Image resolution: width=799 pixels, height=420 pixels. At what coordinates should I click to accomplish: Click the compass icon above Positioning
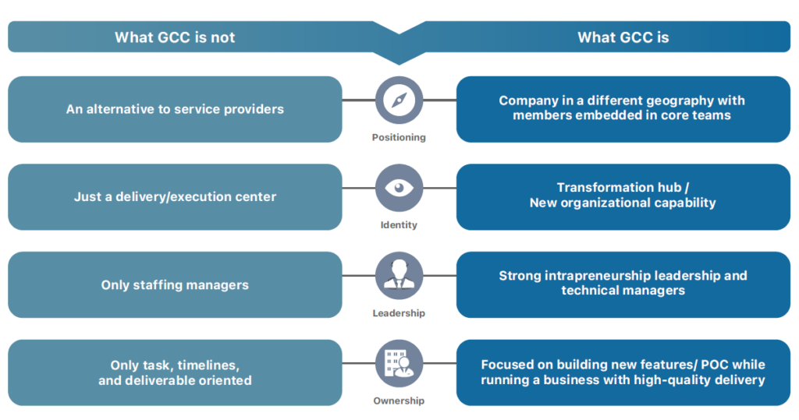[x=399, y=101]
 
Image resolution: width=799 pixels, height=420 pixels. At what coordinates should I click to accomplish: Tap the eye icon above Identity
[x=399, y=189]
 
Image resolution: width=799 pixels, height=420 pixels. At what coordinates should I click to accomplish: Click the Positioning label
[x=399, y=137]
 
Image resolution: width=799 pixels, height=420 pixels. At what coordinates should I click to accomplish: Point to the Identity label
[x=399, y=225]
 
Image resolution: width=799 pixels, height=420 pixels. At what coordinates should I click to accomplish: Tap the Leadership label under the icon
[x=399, y=313]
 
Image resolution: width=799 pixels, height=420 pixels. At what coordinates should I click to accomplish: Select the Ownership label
[x=399, y=401]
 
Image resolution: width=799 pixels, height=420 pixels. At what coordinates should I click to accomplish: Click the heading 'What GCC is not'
[x=175, y=37]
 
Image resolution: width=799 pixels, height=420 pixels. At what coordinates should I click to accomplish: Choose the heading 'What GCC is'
[x=623, y=37]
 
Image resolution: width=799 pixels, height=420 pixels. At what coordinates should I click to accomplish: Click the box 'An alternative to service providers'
[x=175, y=109]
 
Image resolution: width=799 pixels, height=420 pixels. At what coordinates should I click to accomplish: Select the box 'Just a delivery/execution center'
[x=175, y=197]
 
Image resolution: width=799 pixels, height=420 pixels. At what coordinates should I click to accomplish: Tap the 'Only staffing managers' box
[x=175, y=285]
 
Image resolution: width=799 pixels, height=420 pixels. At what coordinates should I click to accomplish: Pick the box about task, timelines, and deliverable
[x=175, y=372]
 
